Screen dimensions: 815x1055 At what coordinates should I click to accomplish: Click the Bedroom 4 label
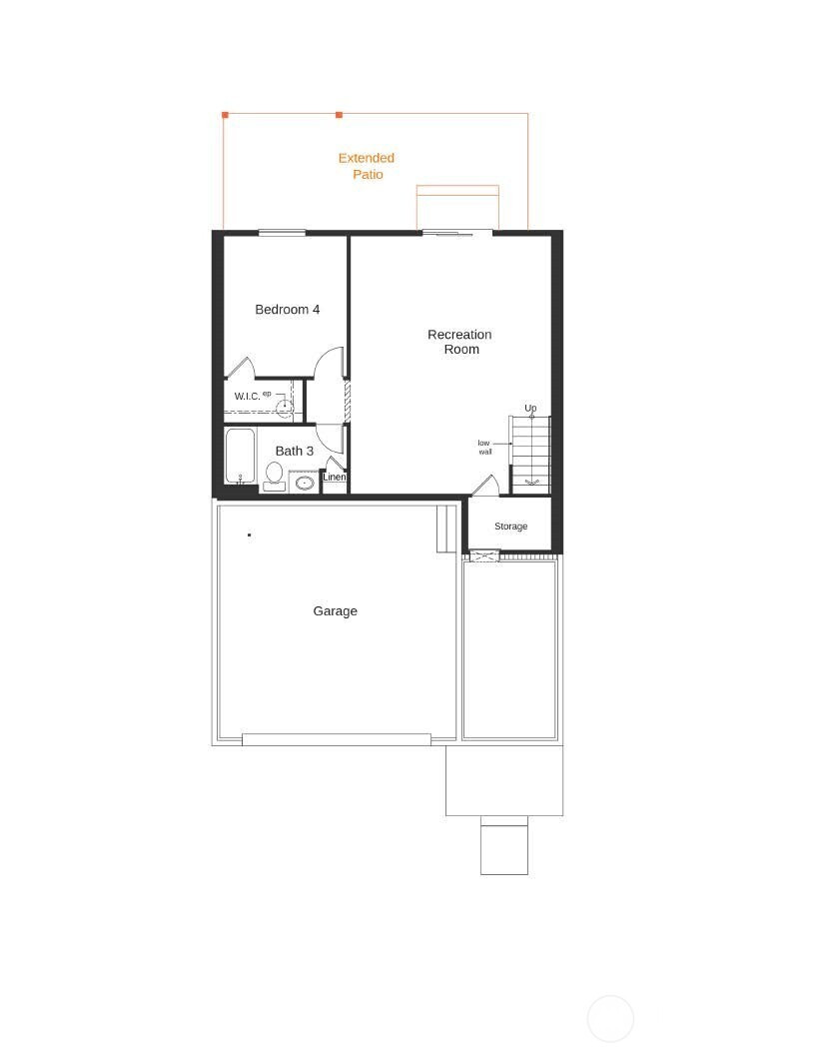287,310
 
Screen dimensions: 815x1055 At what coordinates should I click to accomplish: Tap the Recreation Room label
460,342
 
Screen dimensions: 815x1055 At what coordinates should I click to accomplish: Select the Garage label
335,611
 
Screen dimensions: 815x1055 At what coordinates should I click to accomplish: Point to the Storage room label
511,527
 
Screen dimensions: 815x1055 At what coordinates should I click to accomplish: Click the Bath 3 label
295,451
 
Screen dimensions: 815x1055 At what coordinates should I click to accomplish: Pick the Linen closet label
335,477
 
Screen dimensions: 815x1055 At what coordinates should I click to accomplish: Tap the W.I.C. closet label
247,397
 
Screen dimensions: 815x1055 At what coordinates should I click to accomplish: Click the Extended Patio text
367,166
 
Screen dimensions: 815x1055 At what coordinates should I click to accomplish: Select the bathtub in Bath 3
240,457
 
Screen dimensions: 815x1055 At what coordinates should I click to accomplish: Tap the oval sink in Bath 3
305,483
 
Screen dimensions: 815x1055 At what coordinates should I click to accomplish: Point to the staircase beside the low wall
530,455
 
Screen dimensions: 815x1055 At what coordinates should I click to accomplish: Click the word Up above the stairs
530,408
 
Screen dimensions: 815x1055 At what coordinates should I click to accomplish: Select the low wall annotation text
484,448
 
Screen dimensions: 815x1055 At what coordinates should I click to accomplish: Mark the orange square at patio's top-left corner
226,115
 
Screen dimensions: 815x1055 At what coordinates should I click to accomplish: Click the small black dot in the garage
250,534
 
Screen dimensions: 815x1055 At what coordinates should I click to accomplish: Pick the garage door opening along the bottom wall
337,739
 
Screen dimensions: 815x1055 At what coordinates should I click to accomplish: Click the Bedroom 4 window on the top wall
283,233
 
